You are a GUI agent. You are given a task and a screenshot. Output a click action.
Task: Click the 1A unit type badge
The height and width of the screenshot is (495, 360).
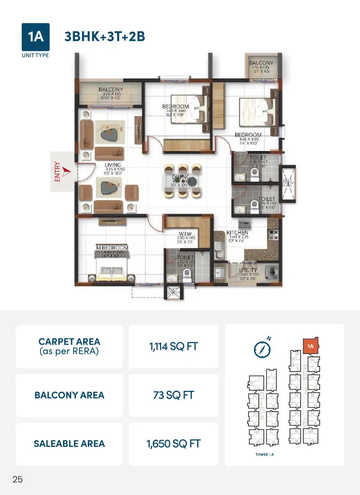point(35,37)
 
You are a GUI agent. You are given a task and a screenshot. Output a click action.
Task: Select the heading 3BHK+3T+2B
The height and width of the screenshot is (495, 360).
point(105,37)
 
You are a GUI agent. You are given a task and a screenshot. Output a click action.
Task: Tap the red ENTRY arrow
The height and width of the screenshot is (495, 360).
point(66,171)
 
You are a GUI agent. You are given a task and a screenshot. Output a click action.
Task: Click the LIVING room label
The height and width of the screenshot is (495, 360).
point(113,165)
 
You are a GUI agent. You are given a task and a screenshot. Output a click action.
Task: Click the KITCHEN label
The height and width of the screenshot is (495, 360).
point(237,232)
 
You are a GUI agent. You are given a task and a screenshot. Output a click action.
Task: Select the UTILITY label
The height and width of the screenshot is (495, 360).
point(248,270)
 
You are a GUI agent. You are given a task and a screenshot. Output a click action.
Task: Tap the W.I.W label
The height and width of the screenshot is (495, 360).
point(185,234)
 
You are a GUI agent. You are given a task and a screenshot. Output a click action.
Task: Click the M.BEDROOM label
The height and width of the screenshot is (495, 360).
point(112,248)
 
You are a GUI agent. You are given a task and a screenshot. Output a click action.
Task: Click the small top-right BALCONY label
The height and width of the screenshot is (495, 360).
point(261,63)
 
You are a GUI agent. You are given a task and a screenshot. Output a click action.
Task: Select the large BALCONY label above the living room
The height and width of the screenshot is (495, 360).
point(111,90)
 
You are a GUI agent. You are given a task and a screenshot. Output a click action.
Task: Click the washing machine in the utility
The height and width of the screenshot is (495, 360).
point(272,271)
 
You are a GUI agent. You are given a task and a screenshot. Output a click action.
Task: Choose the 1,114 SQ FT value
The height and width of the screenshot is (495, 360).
point(173,347)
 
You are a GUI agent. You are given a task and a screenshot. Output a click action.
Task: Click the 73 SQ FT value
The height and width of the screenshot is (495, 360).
point(173,395)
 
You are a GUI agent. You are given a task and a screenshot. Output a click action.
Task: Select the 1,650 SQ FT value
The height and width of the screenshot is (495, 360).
point(173,444)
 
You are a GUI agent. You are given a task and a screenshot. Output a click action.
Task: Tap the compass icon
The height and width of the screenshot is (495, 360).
point(262,349)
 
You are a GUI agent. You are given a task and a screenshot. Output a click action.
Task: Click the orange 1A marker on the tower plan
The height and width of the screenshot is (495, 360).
point(310,346)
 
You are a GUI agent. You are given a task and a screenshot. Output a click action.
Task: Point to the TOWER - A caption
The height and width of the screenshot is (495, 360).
point(264,454)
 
